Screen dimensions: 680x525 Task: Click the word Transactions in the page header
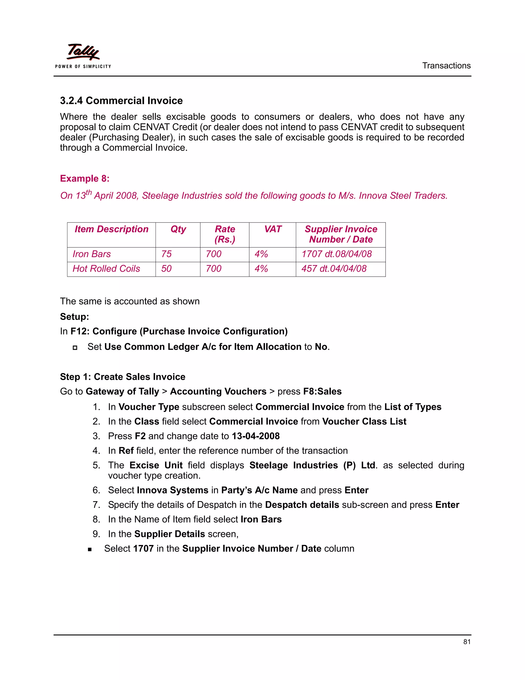click(446, 66)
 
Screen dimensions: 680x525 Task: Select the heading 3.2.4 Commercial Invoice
click(121, 101)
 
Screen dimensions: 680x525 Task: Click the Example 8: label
click(85, 178)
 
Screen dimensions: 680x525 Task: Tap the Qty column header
click(178, 229)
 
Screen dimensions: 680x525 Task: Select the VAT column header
click(272, 229)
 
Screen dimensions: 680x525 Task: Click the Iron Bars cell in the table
click(92, 254)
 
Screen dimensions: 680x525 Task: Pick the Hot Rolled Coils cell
click(106, 269)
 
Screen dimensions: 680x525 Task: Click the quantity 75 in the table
click(166, 254)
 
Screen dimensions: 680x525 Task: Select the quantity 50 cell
click(166, 269)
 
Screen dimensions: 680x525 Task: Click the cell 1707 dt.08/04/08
click(337, 254)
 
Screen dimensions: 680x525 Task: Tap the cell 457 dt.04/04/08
click(334, 269)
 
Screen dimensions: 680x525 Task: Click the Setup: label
click(75, 317)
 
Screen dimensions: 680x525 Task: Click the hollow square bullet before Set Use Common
click(75, 347)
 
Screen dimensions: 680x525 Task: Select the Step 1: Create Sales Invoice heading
click(123, 377)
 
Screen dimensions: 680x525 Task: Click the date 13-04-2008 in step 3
click(256, 436)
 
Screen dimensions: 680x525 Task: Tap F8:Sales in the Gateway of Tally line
click(322, 391)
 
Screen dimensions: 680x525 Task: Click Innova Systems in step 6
click(172, 490)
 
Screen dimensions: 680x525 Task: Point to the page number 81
click(467, 642)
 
